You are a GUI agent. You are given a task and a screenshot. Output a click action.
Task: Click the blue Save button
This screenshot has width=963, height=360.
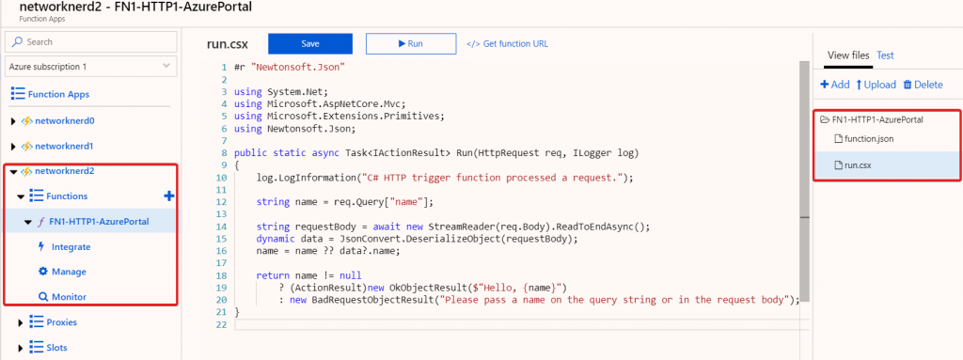[310, 43]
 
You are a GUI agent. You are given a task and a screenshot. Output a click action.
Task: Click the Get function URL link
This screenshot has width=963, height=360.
[507, 43]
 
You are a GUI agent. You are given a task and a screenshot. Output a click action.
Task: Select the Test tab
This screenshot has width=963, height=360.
[885, 55]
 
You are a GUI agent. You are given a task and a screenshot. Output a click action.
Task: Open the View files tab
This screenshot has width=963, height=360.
[848, 55]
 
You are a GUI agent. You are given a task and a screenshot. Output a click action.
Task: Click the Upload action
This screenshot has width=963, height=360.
[876, 85]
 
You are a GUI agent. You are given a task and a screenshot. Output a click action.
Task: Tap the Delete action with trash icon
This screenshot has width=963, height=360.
[923, 85]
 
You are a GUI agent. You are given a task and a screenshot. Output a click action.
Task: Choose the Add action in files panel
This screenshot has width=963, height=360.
[835, 85]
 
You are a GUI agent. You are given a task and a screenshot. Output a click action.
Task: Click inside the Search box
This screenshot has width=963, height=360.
[91, 41]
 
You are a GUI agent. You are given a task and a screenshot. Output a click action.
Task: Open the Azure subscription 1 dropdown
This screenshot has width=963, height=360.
[91, 67]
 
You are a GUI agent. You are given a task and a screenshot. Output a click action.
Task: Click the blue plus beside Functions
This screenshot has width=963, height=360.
[169, 196]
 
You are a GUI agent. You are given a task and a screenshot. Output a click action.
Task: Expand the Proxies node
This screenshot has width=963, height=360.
[21, 322]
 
